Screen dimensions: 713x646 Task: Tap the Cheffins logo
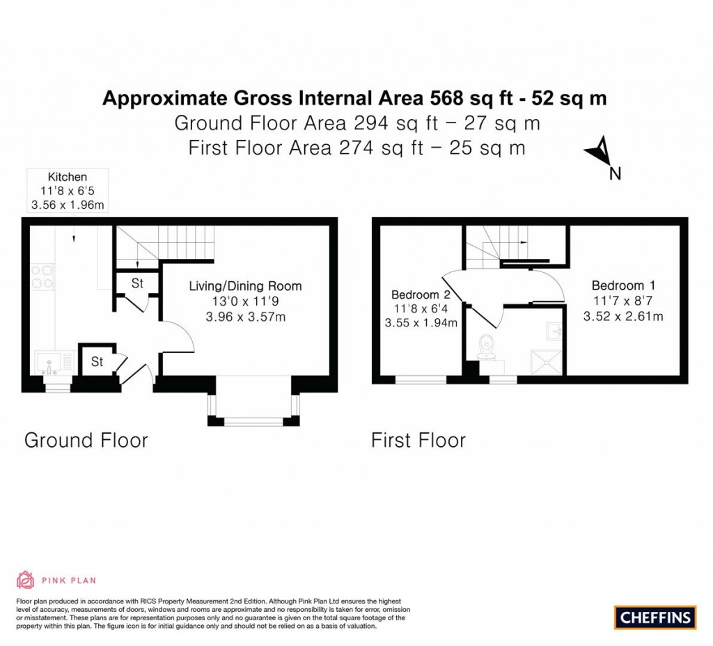tap(655, 617)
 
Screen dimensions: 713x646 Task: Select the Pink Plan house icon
tap(26, 580)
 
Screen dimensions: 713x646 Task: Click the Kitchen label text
tap(68, 177)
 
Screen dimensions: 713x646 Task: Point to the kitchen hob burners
tap(42, 277)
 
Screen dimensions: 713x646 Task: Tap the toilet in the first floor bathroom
tap(485, 347)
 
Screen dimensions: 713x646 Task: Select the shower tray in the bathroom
tap(547, 362)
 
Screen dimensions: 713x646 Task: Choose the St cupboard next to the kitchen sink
tap(97, 361)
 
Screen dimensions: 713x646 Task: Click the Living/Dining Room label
tap(245, 286)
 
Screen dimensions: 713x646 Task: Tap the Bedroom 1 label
tap(623, 285)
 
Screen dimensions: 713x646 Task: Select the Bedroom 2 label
tap(421, 294)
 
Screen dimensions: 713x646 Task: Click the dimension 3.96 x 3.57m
tap(246, 317)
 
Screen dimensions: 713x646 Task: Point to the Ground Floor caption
tap(86, 440)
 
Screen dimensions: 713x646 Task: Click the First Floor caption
tap(418, 440)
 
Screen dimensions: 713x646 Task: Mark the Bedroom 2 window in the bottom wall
tap(421, 379)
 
